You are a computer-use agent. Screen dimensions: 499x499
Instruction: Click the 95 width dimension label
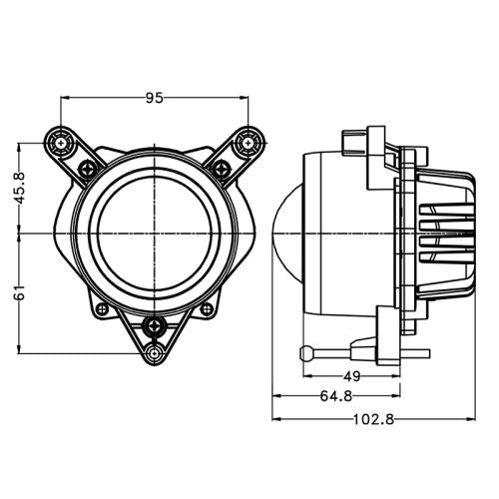(154, 98)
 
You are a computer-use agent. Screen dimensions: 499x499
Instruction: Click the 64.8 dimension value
(335, 397)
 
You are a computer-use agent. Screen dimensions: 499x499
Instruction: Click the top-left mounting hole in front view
(63, 142)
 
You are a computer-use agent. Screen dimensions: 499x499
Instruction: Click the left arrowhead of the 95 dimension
(66, 98)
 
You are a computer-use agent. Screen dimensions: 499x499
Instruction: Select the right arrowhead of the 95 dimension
(243, 98)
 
